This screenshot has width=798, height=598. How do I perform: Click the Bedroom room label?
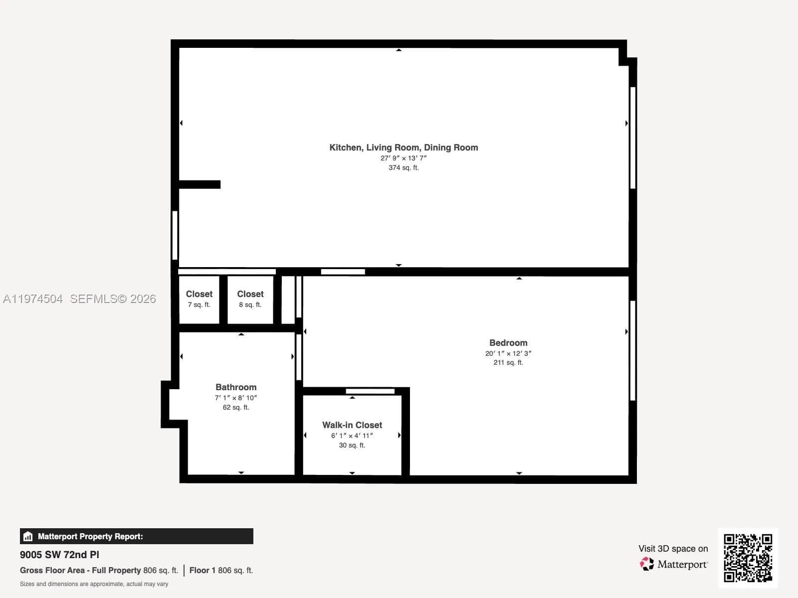[x=508, y=343]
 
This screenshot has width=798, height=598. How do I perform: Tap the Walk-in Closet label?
[x=352, y=425]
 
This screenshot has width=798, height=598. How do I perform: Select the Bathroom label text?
[x=236, y=387]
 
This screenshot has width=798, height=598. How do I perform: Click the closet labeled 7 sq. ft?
[x=199, y=299]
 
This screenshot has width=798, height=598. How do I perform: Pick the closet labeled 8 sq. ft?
[x=250, y=299]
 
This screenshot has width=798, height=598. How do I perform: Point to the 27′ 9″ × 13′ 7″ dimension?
[x=403, y=158]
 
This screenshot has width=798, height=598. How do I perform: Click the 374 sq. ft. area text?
[x=403, y=168]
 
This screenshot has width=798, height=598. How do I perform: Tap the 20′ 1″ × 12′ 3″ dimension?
[x=508, y=353]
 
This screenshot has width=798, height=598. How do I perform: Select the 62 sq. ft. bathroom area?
[x=236, y=408]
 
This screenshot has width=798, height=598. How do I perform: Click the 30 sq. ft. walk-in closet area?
[x=352, y=446]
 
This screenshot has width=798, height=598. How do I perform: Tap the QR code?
[x=748, y=558]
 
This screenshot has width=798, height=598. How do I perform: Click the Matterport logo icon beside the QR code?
[x=647, y=564]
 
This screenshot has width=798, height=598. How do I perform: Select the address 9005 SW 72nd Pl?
[x=59, y=555]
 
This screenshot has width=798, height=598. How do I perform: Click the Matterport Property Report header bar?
[x=136, y=536]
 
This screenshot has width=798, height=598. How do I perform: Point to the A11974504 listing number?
[x=33, y=299]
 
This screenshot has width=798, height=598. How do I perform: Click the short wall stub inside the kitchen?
[x=199, y=184]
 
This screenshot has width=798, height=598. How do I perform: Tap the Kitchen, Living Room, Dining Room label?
[x=403, y=148]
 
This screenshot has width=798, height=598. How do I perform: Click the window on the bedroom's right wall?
[x=632, y=350]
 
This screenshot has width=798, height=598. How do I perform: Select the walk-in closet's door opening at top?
[x=370, y=391]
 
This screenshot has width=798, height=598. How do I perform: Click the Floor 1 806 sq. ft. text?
[x=221, y=570]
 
